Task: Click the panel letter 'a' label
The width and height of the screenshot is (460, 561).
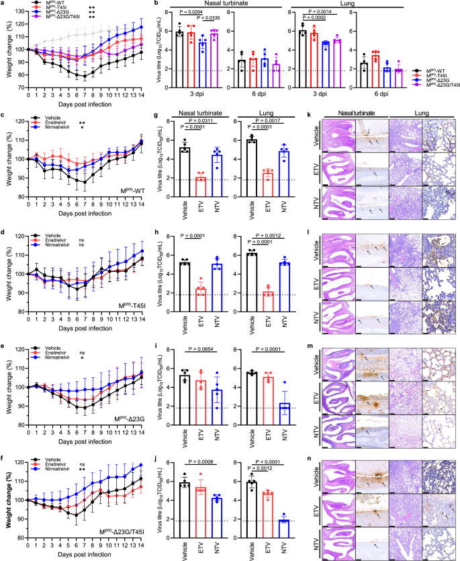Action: pyautogui.click(x=3, y=3)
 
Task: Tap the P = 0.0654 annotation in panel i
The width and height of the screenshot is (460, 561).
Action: pyautogui.click(x=202, y=350)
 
